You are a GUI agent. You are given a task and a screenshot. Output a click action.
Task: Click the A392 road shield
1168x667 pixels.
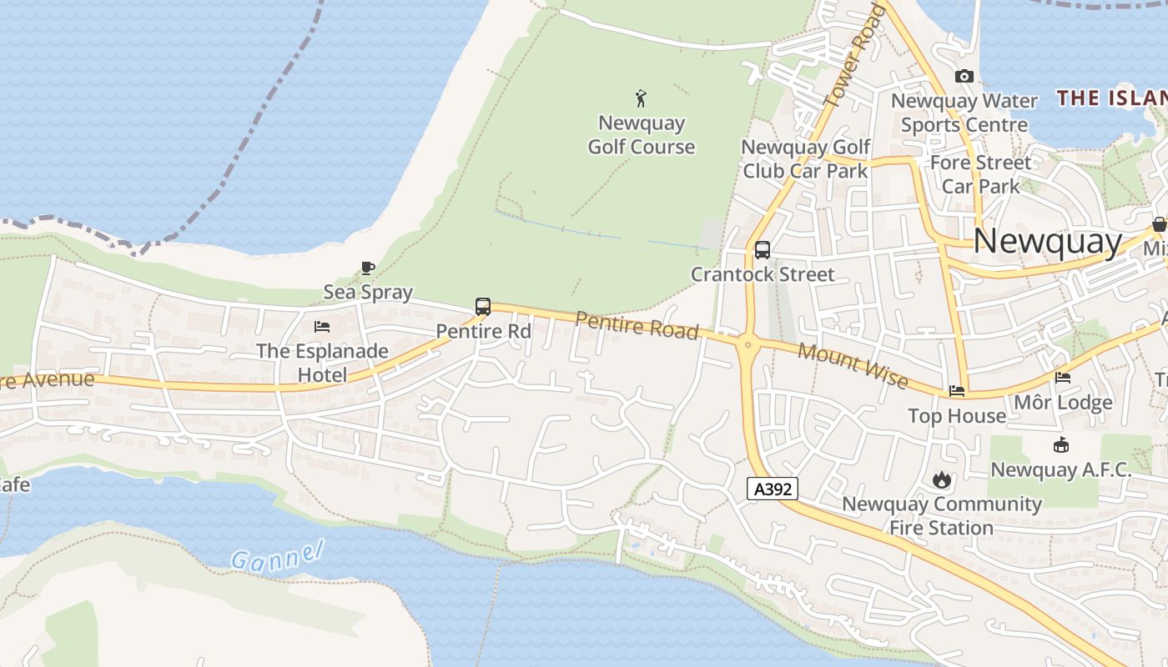[773, 489]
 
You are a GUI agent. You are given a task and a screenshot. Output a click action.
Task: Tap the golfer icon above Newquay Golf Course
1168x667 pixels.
[641, 99]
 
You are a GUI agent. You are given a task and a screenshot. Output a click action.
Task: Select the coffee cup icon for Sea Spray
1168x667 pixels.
[367, 268]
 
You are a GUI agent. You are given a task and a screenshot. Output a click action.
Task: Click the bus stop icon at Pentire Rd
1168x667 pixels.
[482, 306]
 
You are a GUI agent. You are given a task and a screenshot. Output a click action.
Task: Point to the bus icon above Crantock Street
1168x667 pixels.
[762, 249]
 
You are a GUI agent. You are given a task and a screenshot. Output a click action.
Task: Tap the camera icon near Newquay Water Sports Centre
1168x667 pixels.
[964, 76]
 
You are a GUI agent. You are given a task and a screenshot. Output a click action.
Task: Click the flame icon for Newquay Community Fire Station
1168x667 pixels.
[942, 479]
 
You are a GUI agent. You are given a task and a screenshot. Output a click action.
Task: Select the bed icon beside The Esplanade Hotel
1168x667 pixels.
[322, 327]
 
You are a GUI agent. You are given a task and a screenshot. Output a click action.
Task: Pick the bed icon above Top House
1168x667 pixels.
[957, 390]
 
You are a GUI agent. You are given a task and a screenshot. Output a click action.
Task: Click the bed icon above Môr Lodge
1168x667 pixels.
[1062, 378]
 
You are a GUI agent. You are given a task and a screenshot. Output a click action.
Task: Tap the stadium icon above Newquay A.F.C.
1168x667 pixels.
[1060, 444]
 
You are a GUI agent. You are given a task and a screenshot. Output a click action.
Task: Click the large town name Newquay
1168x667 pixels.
[1048, 242]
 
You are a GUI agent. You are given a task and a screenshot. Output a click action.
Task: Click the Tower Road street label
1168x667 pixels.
[853, 55]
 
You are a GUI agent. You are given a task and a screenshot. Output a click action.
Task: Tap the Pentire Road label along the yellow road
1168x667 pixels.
[637, 325]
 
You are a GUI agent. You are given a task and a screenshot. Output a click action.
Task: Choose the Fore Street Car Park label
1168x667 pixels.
[980, 173]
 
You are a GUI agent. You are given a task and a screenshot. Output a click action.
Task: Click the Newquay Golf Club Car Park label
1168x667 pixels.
[805, 158]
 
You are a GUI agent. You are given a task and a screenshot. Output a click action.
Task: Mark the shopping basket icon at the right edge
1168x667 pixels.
[1159, 223]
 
